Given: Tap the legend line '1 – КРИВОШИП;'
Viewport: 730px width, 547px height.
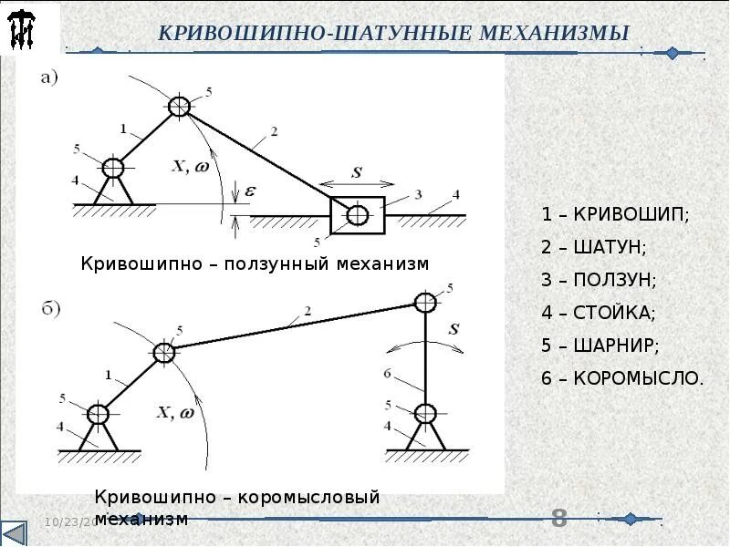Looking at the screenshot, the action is tap(616, 215).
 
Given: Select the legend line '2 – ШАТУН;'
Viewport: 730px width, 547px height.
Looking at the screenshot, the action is tap(593, 247).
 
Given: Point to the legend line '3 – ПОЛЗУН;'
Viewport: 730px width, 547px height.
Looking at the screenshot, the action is tap(599, 279).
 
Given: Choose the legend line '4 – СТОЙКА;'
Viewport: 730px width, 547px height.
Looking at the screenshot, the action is tap(599, 312).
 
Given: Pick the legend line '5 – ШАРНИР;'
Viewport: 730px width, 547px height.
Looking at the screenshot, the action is tap(600, 345).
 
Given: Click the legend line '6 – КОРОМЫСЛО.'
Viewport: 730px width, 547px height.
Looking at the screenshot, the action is tap(622, 377).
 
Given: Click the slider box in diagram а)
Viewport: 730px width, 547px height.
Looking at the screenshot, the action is tap(357, 215).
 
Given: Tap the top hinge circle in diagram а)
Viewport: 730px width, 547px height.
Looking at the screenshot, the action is tap(180, 107).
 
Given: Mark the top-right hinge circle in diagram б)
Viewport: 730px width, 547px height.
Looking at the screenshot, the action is tap(424, 301).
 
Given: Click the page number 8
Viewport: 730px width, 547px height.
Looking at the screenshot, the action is tap(559, 519).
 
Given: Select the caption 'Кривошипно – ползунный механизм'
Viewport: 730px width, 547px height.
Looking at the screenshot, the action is tap(255, 263).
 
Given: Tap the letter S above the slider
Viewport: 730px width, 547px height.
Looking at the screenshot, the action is tap(358, 172).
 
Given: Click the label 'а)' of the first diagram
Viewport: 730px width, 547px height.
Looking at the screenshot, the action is tap(49, 77).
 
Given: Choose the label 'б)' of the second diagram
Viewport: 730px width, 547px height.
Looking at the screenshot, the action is tap(53, 308).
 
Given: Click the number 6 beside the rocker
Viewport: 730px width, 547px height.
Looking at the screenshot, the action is tap(387, 374).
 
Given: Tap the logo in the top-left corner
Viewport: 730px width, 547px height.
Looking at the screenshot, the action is tap(22, 30).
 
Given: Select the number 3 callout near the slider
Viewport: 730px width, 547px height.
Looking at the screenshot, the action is tap(417, 194).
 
